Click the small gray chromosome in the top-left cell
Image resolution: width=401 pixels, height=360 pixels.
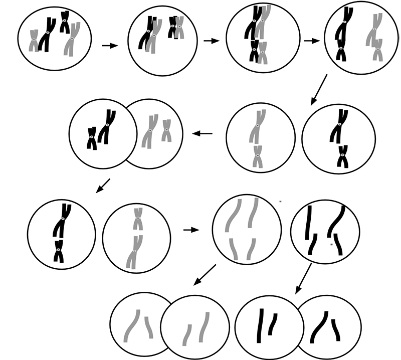pyautogui.click(x=34, y=40)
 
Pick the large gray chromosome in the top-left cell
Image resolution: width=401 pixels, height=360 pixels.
pyautogui.click(x=73, y=39)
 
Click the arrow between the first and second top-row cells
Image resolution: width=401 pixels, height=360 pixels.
pyautogui.click(x=109, y=46)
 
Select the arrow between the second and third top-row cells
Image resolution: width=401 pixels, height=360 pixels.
pyautogui.click(x=212, y=41)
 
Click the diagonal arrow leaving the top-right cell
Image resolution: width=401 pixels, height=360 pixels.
pyautogui.click(x=318, y=90)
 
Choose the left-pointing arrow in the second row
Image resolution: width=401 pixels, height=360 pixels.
pyautogui.click(x=203, y=133)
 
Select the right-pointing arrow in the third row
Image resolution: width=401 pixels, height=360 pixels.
pyautogui.click(x=191, y=230)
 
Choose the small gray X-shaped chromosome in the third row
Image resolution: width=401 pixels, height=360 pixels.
pyautogui.click(x=138, y=219)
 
